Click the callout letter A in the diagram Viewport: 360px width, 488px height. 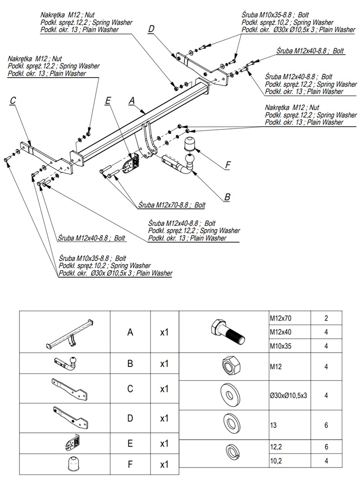131,101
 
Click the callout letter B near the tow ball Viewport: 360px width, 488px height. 227,197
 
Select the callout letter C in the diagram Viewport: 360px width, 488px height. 13,101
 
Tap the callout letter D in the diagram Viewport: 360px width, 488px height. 151,29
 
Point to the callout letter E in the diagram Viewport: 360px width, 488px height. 108,101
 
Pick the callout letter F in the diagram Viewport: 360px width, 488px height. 228,165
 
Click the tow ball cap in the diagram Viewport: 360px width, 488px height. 190,143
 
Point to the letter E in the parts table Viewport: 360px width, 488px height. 130,444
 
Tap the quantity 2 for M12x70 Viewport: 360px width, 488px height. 326,318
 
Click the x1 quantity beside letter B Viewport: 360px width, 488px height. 164,364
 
